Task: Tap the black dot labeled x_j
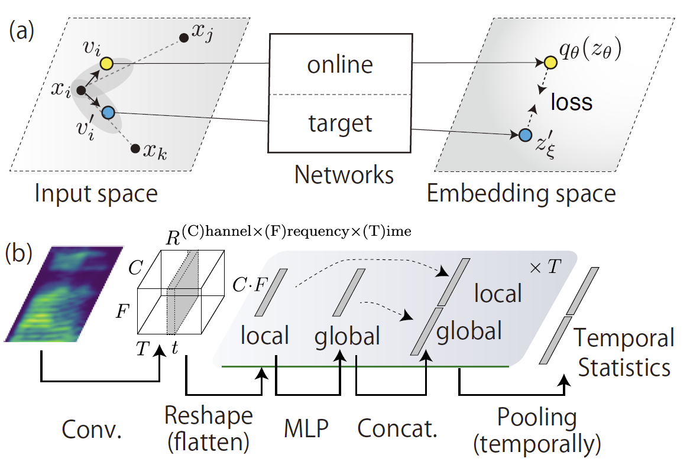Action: coord(184,38)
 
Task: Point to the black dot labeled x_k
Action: coord(135,148)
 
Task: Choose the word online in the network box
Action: coord(340,64)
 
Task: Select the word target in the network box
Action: coord(340,123)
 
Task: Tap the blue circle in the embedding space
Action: coord(524,135)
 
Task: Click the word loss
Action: coord(571,102)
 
